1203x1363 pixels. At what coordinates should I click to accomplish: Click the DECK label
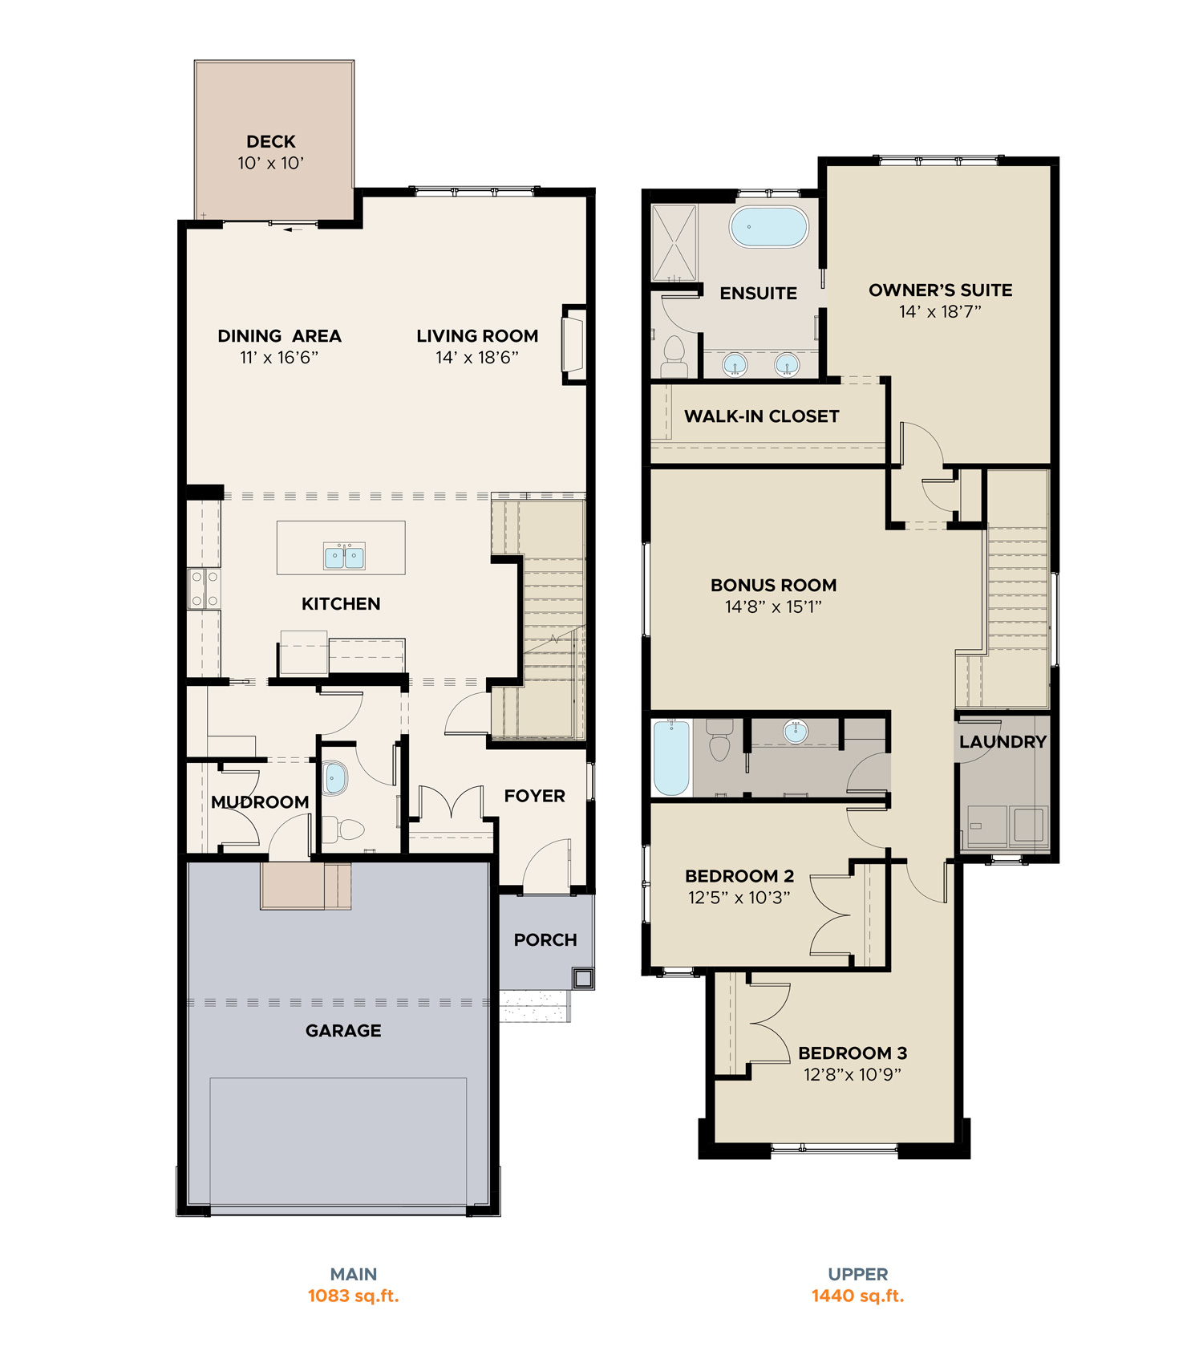pos(271,142)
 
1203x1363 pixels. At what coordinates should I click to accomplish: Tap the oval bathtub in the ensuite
pos(768,227)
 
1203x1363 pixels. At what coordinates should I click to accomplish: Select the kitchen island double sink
pos(345,556)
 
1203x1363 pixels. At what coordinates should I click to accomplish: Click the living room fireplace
pos(573,344)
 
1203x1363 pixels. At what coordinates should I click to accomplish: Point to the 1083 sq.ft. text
pos(354,1296)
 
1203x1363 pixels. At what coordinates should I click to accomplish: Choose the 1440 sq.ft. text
pos(857,1296)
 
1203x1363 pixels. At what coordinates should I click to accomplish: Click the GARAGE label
pos(343,1031)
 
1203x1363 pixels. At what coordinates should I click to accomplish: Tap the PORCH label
pos(545,940)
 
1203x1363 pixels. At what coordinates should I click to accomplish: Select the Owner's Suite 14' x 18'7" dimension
pos(940,312)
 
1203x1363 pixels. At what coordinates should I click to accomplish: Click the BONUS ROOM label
pos(774,586)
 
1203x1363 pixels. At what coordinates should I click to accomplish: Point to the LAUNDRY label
pos(1003,742)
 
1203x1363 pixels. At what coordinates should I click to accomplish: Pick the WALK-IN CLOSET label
pos(762,416)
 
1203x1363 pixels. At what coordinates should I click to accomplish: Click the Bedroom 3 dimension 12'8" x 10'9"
pos(853,1075)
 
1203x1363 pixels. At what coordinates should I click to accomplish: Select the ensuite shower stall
pos(674,243)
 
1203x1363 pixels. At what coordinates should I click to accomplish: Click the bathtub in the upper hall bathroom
pos(671,758)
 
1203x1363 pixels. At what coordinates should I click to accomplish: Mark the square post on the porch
pos(583,978)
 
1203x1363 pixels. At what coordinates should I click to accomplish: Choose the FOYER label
pos(535,796)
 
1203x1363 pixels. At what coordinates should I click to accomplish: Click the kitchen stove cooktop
pos(204,589)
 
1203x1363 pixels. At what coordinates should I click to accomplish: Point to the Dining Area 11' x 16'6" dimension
pos(279,358)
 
